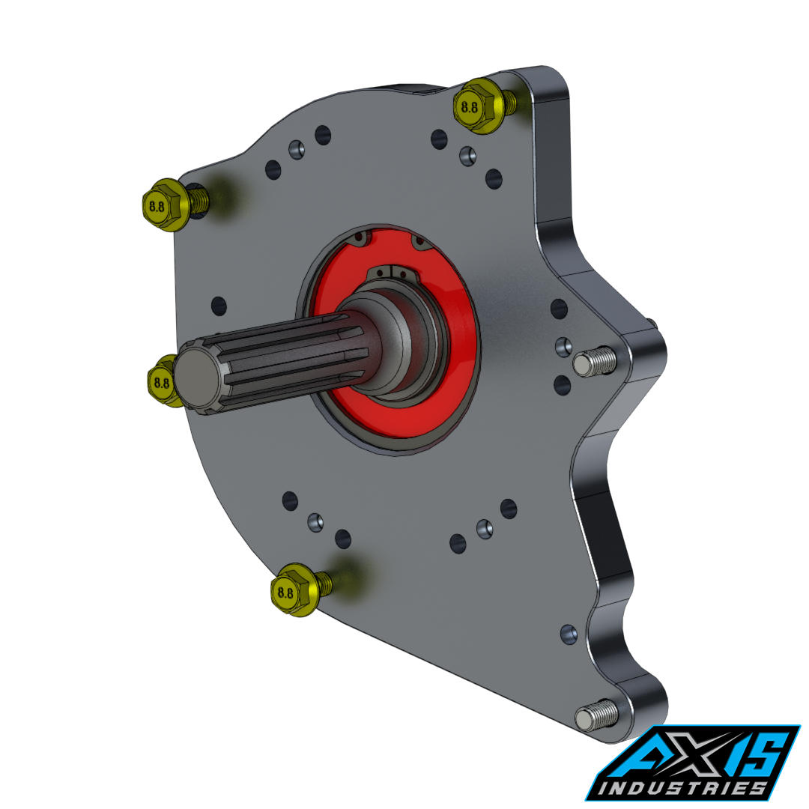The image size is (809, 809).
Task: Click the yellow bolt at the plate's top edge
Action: click(x=479, y=106)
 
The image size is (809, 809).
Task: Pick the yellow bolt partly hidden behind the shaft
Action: click(x=162, y=381)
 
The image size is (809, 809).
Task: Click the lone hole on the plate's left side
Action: click(x=218, y=306)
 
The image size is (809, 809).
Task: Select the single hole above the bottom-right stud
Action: click(x=569, y=634)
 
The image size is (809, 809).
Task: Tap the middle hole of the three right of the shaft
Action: click(x=563, y=346)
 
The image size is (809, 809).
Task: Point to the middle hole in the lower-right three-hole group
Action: click(x=485, y=529)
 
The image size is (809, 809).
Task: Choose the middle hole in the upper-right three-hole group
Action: click(x=467, y=156)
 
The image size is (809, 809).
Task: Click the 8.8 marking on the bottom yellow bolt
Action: click(x=285, y=592)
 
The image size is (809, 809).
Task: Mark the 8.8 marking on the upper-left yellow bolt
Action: click(x=157, y=206)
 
